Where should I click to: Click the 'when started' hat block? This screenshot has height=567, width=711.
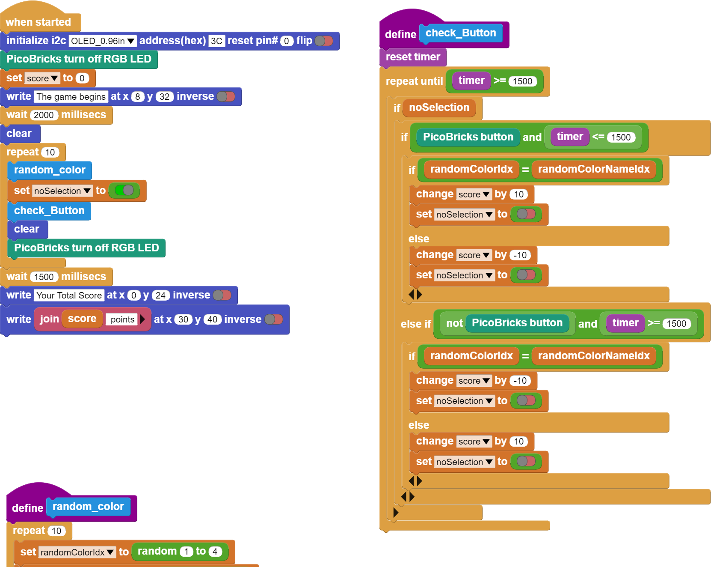pyautogui.click(x=39, y=21)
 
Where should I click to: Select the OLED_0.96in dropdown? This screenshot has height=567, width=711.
pyautogui.click(x=103, y=41)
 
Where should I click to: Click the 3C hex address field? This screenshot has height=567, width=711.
pyautogui.click(x=216, y=41)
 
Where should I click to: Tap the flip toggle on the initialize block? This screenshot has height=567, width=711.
pyautogui.click(x=324, y=41)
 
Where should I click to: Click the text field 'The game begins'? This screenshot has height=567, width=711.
pyautogui.click(x=71, y=97)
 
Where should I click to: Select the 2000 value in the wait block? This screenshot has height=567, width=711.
pyautogui.click(x=44, y=115)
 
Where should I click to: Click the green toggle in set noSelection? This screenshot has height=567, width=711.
pyautogui.click(x=124, y=190)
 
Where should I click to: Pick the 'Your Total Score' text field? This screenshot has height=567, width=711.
pyautogui.click(x=69, y=295)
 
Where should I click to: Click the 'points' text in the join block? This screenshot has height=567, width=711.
pyautogui.click(x=122, y=319)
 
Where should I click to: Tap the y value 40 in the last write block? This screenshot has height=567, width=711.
pyautogui.click(x=212, y=319)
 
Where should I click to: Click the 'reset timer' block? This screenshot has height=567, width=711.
pyautogui.click(x=413, y=57)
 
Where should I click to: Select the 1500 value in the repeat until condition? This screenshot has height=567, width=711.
pyautogui.click(x=522, y=81)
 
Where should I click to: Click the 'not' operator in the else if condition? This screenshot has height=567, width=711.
pyautogui.click(x=454, y=323)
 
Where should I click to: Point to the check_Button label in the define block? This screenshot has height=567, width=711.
pyautogui.click(x=461, y=33)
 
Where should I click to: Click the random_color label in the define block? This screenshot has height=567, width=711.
pyautogui.click(x=88, y=507)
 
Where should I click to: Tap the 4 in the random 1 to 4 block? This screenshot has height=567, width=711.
pyautogui.click(x=215, y=552)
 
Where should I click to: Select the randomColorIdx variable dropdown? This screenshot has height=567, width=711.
pyautogui.click(x=77, y=552)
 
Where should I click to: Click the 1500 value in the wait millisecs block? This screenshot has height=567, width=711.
pyautogui.click(x=44, y=277)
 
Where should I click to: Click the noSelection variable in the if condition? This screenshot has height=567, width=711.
pyautogui.click(x=439, y=107)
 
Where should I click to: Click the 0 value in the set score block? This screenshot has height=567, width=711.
pyautogui.click(x=82, y=78)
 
